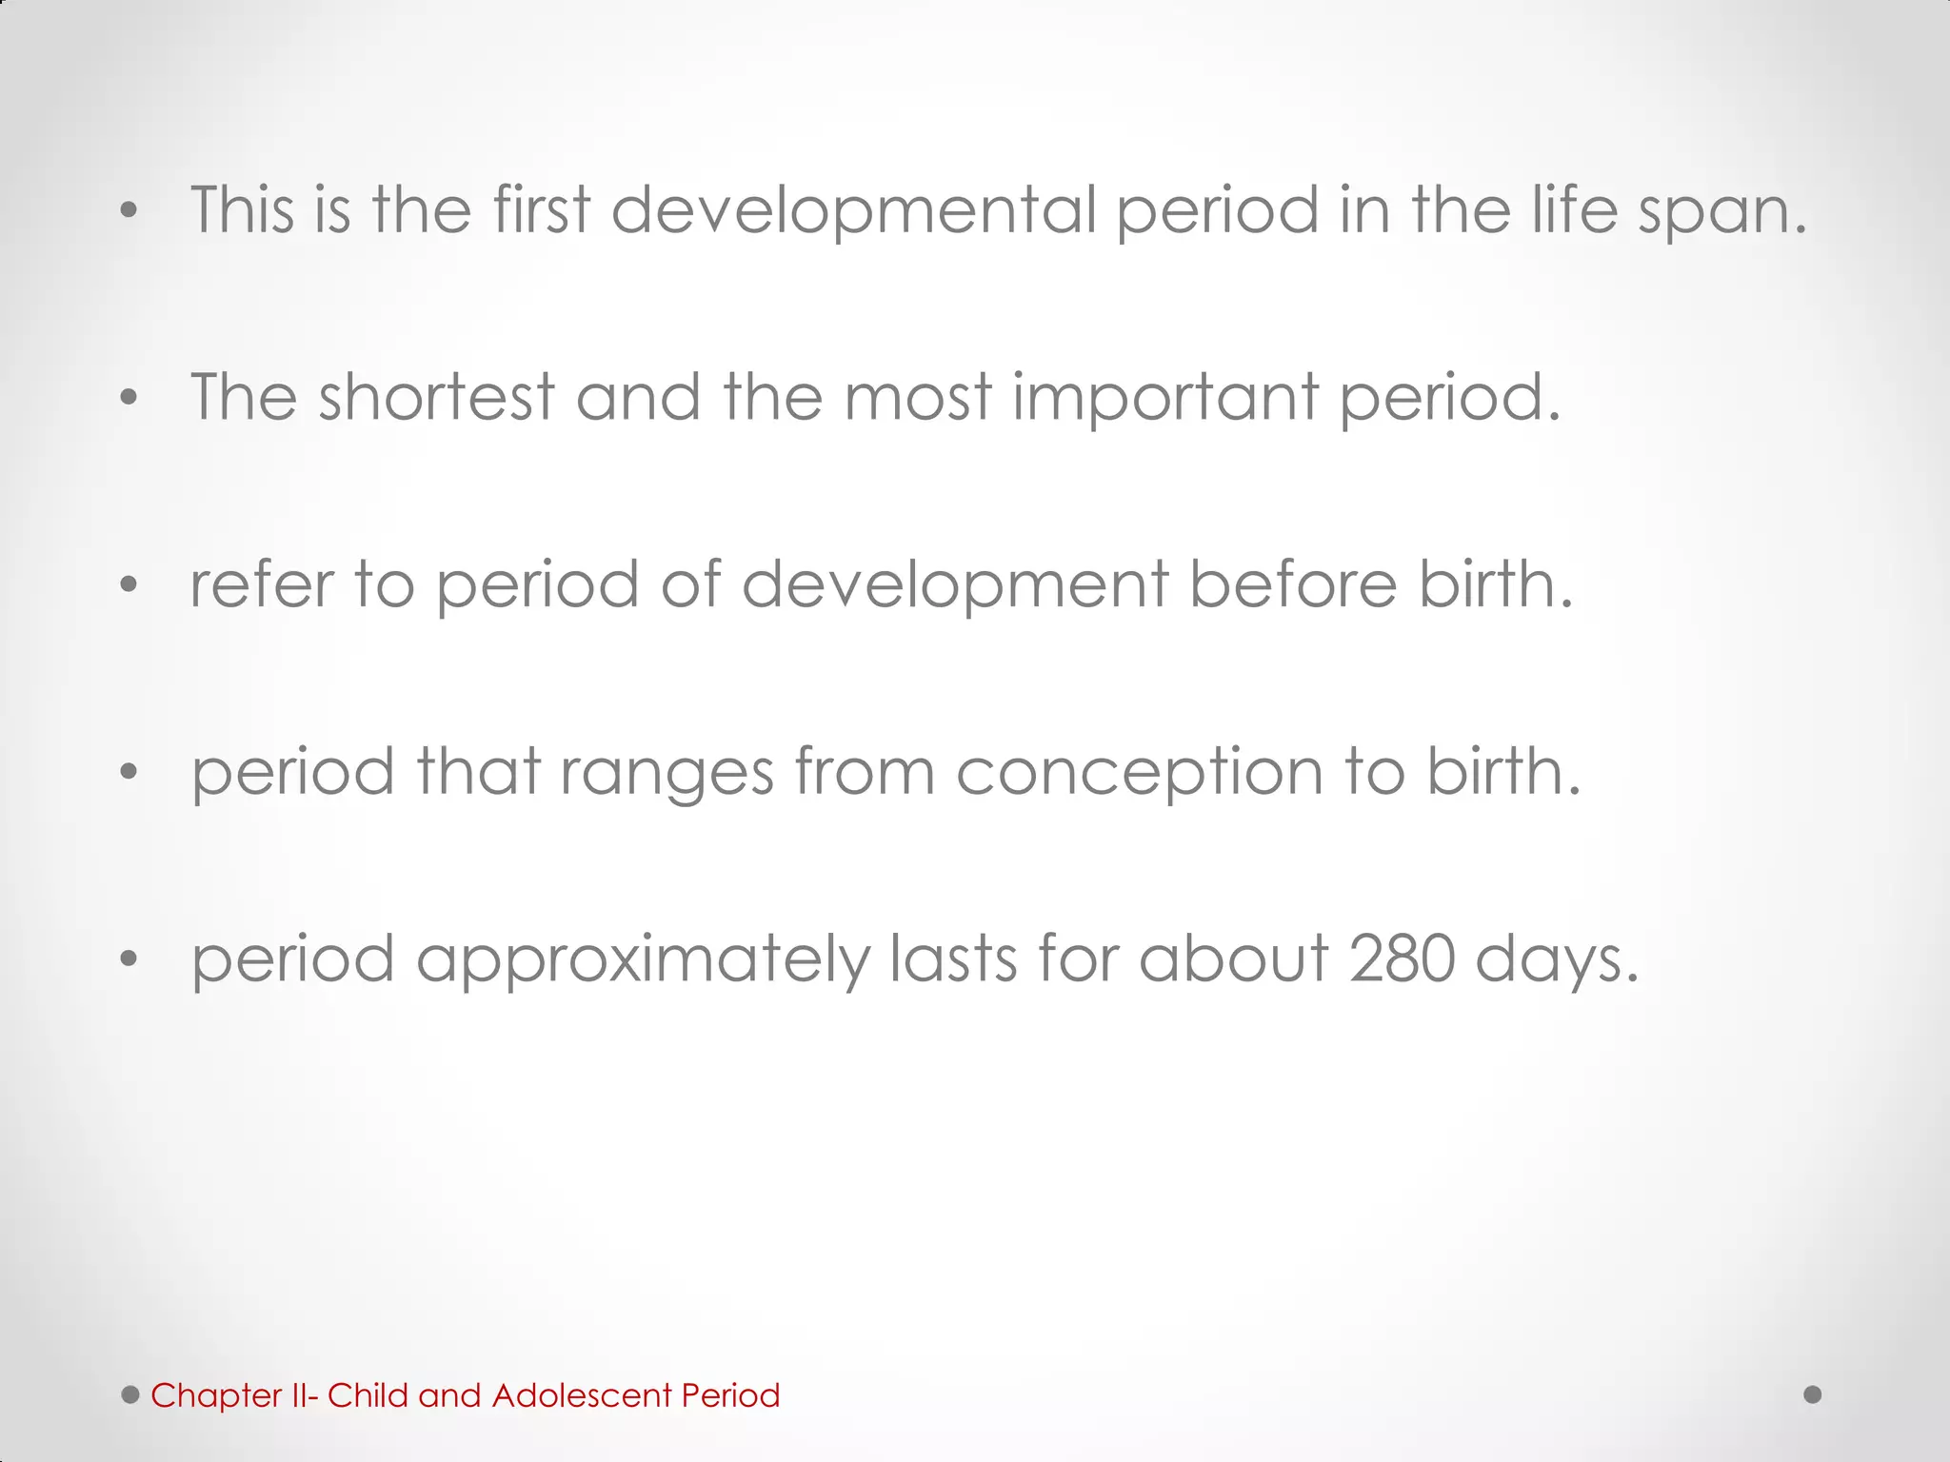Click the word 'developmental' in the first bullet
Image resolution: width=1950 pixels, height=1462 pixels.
pyautogui.click(x=854, y=211)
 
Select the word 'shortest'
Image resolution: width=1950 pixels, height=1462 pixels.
pyautogui.click(x=436, y=397)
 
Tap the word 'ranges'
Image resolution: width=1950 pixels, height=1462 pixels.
pyautogui.click(x=667, y=773)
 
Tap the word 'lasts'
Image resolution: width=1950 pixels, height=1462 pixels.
pyautogui.click(x=953, y=958)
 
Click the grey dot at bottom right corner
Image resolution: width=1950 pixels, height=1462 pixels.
pyautogui.click(x=1813, y=1394)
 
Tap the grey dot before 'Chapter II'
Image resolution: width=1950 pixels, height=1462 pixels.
pyautogui.click(x=130, y=1394)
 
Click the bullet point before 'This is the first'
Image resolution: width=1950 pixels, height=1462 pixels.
pyautogui.click(x=129, y=212)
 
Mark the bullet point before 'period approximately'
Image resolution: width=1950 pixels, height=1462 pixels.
pyautogui.click(x=129, y=959)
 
